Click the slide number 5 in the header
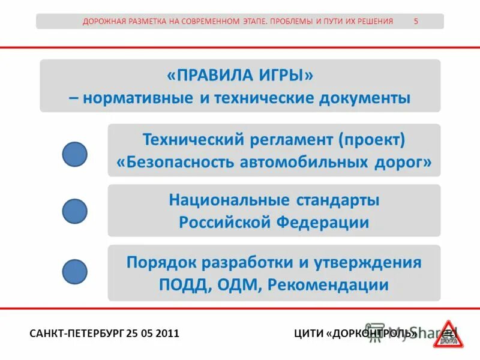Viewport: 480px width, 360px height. [x=416, y=21]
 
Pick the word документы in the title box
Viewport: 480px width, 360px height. [x=367, y=98]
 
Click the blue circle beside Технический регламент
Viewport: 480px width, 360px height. [x=75, y=154]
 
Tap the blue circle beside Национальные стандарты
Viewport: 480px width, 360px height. [x=75, y=211]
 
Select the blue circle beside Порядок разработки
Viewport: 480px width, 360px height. [x=75, y=271]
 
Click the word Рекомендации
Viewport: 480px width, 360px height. [x=328, y=285]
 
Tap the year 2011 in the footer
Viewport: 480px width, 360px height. [x=167, y=333]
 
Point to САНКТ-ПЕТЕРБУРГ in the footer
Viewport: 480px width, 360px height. [x=77, y=333]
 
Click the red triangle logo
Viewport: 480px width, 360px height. [x=448, y=334]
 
